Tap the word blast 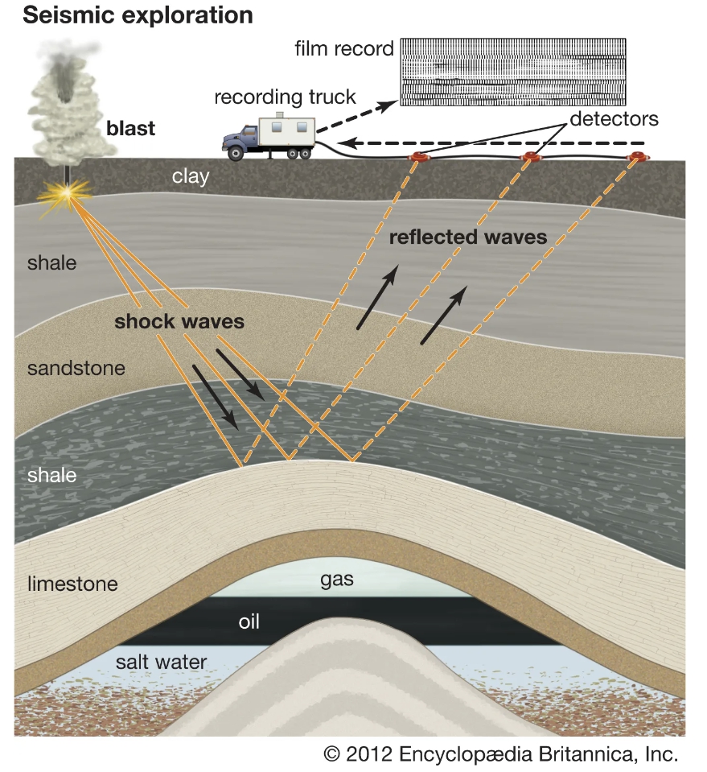[130, 128]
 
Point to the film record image [513, 73]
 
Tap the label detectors [615, 119]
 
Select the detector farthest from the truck [639, 156]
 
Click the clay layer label [191, 176]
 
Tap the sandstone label [76, 369]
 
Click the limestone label [72, 584]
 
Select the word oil [249, 622]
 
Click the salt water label [161, 663]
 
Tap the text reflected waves [467, 237]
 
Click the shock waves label [179, 321]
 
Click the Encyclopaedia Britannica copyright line [500, 754]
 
